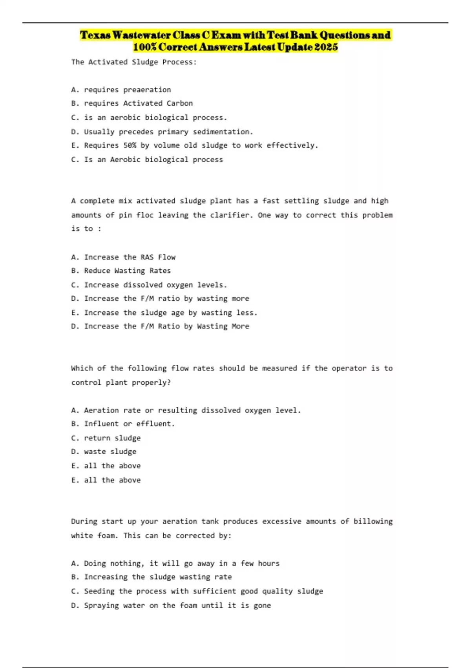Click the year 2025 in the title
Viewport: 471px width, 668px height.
[325, 47]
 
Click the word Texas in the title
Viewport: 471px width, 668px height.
[95, 35]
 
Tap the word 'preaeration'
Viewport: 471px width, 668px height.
[147, 90]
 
